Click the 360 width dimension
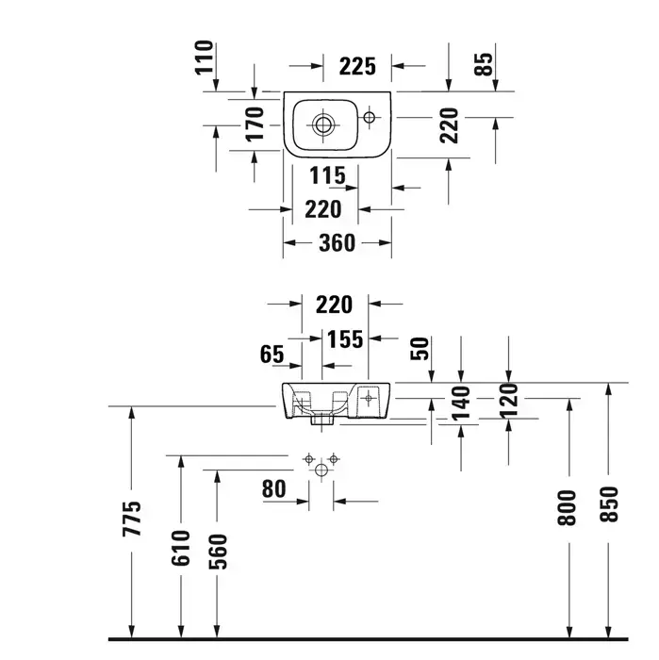point(338,243)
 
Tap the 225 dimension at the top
point(357,67)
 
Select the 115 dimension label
point(327,175)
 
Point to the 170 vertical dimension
point(255,124)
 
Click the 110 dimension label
point(205,58)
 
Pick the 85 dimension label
point(483,64)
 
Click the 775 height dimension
point(132,519)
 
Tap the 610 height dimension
point(181,548)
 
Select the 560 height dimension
point(218,552)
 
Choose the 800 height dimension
point(567,508)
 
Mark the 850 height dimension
point(609,504)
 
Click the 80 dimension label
point(274,489)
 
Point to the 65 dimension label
point(272,354)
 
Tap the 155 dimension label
point(345,339)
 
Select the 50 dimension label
point(420,349)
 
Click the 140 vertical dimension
point(461,404)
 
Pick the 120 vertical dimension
point(509,401)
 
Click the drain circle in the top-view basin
point(323,124)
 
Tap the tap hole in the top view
point(369,117)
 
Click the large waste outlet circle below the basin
point(321,470)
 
